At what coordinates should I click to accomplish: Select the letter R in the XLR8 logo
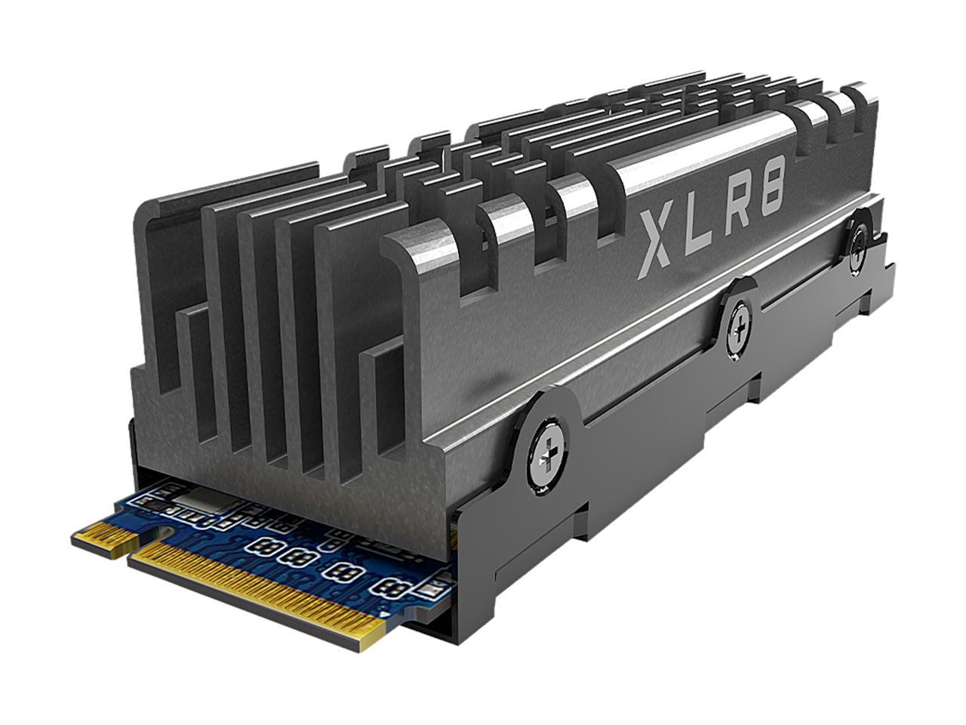(x=739, y=210)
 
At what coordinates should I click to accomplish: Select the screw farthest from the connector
(x=858, y=242)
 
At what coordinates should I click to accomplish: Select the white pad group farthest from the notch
(x=392, y=586)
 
